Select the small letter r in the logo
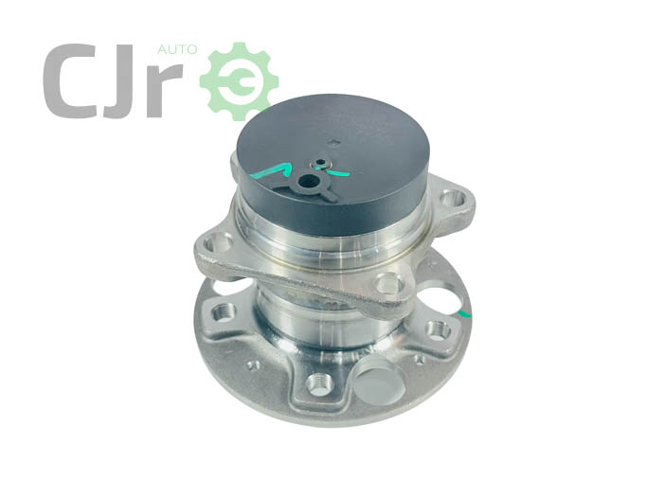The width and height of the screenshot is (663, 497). tap(165, 90)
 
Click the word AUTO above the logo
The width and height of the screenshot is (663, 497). tap(177, 49)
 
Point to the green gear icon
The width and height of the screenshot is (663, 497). tap(239, 81)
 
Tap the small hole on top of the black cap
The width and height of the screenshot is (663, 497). tap(322, 162)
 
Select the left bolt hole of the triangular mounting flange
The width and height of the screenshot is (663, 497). tap(218, 243)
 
